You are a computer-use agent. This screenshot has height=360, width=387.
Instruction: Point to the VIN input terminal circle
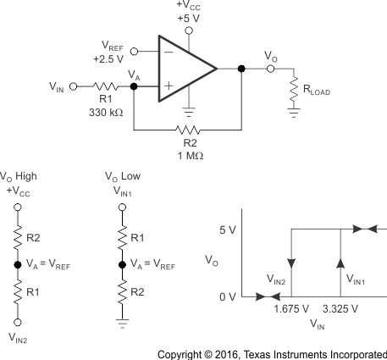tap(73, 86)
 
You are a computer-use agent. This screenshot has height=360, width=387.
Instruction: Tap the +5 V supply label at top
tap(188, 17)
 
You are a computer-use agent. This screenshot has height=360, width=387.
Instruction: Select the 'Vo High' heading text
tap(19, 179)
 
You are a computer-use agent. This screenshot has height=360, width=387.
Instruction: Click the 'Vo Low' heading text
tap(124, 179)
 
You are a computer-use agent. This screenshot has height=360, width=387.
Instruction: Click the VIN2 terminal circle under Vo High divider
tap(16, 323)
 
